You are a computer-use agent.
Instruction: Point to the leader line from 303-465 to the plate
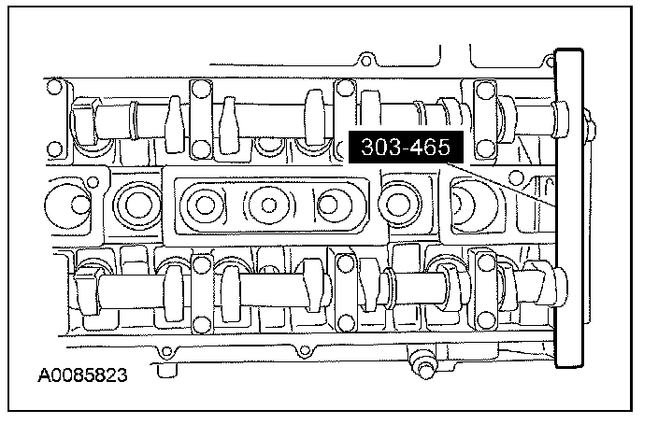[x=505, y=183]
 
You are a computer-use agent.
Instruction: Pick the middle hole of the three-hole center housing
[x=266, y=203]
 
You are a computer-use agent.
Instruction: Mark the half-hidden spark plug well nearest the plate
[x=472, y=202]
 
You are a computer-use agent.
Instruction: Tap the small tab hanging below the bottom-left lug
[x=168, y=371]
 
